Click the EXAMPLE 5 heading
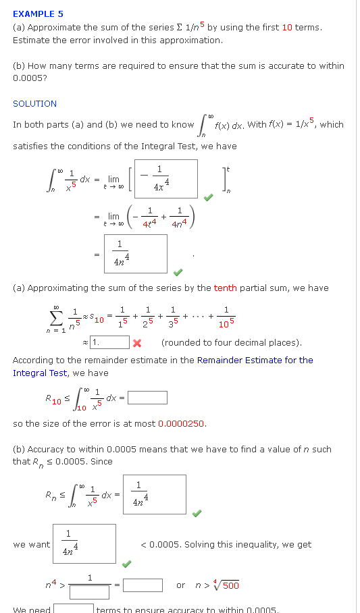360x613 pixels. click(38, 14)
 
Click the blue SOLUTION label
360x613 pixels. click(34, 103)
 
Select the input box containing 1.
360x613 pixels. click(109, 342)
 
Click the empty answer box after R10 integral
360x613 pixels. click(147, 398)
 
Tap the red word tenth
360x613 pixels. click(225, 288)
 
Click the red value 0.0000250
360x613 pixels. click(182, 424)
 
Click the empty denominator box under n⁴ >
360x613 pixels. click(89, 593)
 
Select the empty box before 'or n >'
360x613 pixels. click(143, 585)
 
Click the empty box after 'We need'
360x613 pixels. click(74, 608)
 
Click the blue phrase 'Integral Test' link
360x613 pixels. click(40, 373)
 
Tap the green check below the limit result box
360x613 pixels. click(178, 273)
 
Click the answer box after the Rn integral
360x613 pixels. click(154, 495)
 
